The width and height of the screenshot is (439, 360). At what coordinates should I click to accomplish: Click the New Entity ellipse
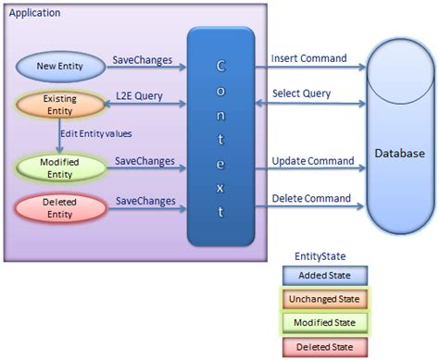pyautogui.click(x=59, y=67)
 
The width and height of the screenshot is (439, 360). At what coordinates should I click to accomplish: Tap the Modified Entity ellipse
pyautogui.click(x=58, y=168)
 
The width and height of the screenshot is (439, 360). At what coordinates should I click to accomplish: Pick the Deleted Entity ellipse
pyautogui.click(x=58, y=208)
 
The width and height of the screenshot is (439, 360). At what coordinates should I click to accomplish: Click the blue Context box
pyautogui.click(x=220, y=137)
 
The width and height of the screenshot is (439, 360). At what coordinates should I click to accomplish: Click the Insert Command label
pyautogui.click(x=308, y=58)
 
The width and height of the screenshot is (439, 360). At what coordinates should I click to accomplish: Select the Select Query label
pyautogui.click(x=302, y=94)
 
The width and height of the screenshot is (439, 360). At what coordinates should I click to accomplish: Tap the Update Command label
pyautogui.click(x=312, y=161)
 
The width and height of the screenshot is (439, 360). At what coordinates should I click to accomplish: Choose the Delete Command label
pyautogui.click(x=310, y=198)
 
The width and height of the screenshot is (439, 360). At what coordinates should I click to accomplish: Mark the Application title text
pyautogui.click(x=34, y=14)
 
